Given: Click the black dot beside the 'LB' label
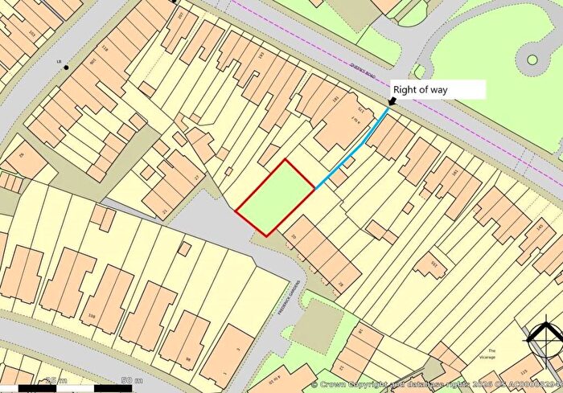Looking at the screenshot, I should click(x=67, y=67).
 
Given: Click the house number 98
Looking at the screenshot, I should click(x=188, y=358).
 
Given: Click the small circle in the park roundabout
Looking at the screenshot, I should click(x=532, y=59).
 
